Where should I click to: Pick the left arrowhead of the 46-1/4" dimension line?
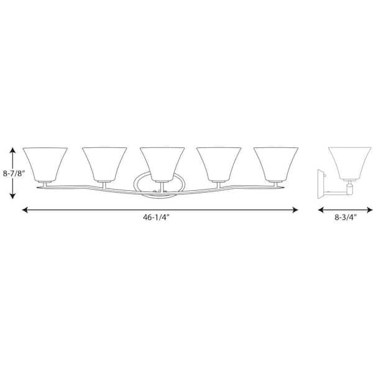coord(24,211)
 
